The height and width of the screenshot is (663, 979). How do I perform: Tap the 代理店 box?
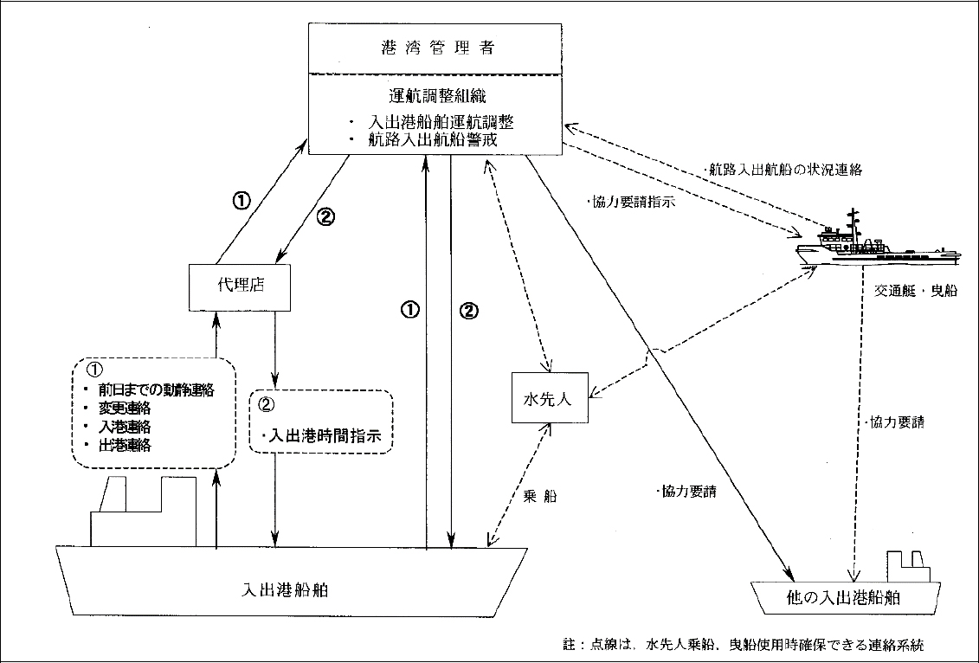click(238, 286)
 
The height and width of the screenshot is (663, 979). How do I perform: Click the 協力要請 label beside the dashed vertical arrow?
click(894, 423)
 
